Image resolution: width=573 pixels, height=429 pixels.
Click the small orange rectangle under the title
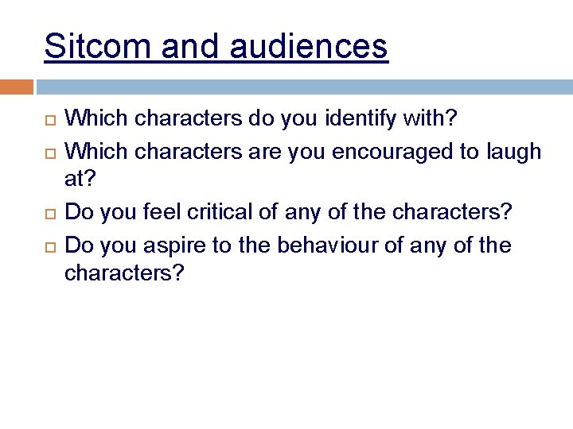click(x=16, y=87)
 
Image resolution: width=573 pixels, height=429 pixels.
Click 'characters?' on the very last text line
click(x=124, y=274)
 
